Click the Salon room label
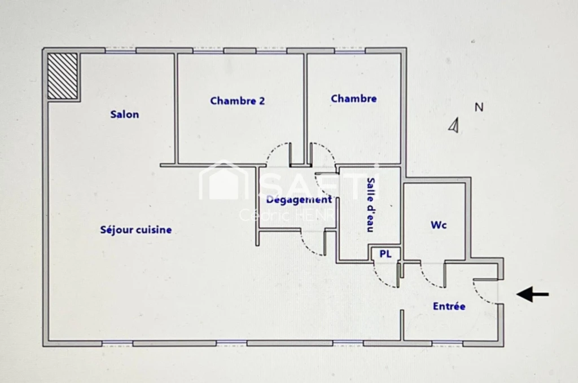125,114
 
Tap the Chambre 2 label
238,100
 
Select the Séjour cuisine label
136,230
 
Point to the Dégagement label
299,200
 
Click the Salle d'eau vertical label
371,205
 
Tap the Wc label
439,224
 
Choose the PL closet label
385,254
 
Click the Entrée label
449,306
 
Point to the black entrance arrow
533,294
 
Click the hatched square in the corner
63,76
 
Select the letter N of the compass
479,107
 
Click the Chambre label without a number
354,99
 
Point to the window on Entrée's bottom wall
447,343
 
